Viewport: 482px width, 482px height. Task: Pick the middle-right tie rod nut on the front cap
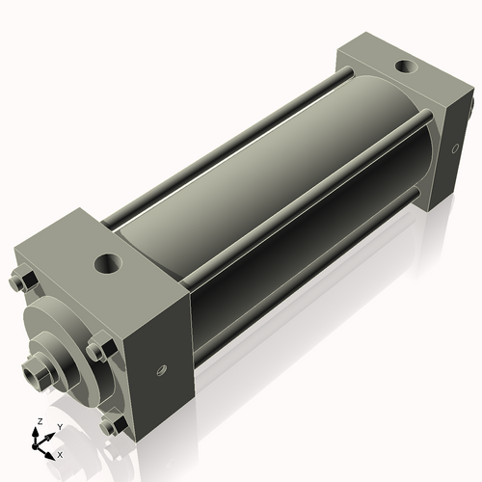pyautogui.click(x=96, y=349)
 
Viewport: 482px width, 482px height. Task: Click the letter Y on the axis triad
pyautogui.click(x=60, y=426)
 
